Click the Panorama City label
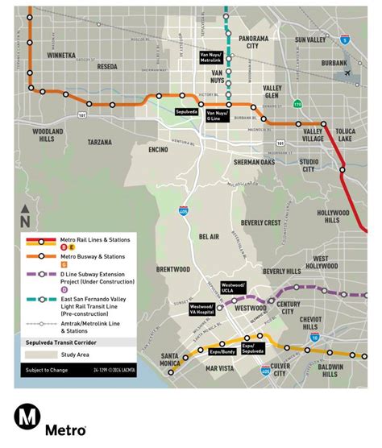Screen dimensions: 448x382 pos(252,43)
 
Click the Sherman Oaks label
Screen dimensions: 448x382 pos(254,162)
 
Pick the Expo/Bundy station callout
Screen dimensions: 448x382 pos(222,352)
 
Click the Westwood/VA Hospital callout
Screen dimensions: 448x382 pos(201,309)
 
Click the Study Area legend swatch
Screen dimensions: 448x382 pos(35,355)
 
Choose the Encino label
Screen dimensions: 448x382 pos(158,149)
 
